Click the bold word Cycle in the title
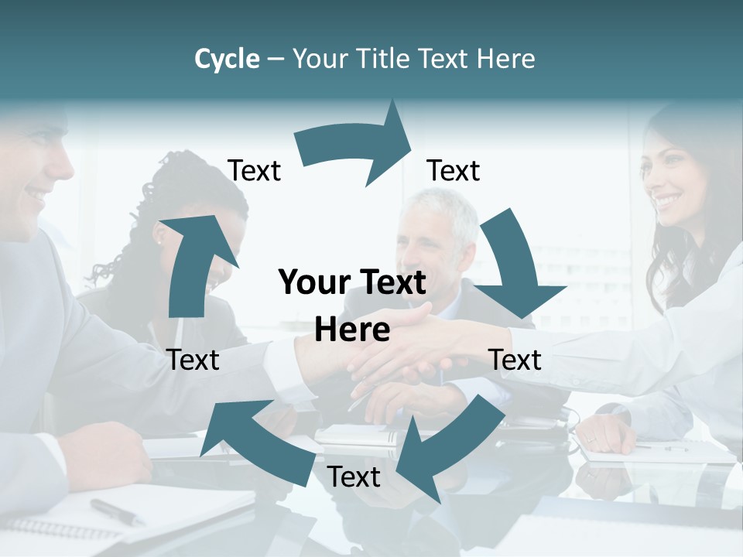point(227,59)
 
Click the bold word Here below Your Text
point(352,330)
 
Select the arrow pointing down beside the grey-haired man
point(515,267)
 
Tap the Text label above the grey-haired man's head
point(454,170)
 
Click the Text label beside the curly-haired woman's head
point(254,170)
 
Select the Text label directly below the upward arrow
point(193,360)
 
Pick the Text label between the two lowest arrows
point(354,477)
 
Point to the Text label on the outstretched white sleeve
point(515,360)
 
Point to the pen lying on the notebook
point(116,511)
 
